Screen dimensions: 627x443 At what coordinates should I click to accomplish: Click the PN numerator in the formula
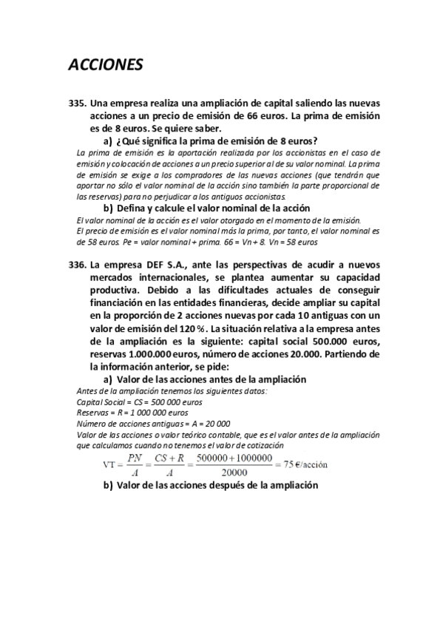(x=135, y=458)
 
